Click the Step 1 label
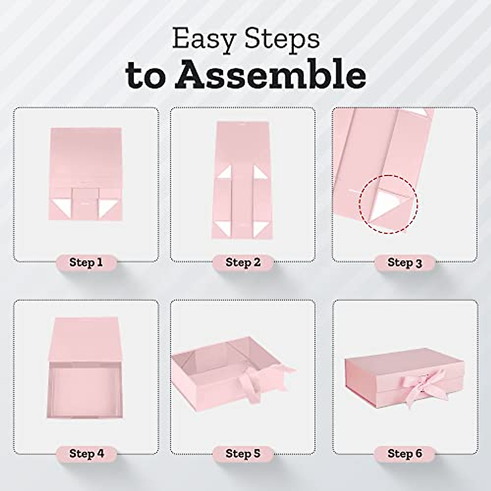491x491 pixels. (x=86, y=262)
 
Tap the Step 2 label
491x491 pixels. (x=243, y=262)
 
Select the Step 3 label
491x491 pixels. (x=405, y=263)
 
